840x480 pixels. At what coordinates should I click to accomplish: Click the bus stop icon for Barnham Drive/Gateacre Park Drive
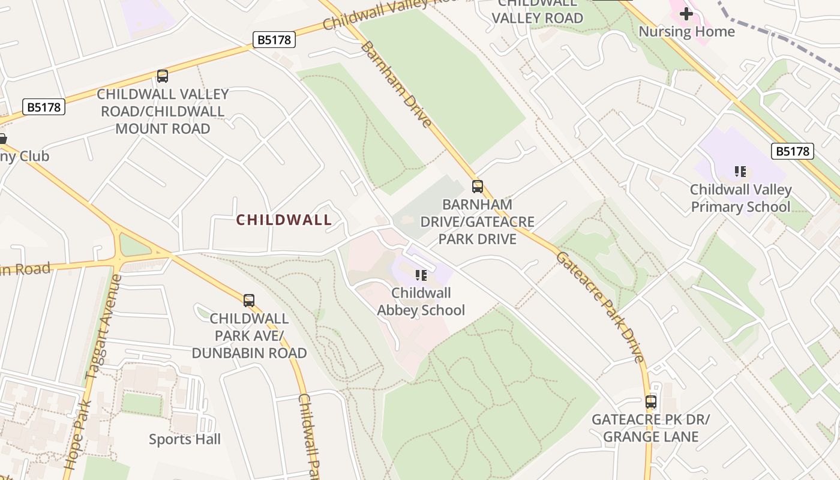(x=477, y=187)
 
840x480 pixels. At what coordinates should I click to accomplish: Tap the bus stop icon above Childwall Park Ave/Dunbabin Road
(x=248, y=301)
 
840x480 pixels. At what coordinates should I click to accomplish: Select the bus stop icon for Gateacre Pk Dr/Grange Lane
(x=651, y=402)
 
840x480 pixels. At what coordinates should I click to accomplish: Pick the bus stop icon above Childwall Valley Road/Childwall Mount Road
(x=162, y=76)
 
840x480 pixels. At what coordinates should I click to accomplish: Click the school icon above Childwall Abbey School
(x=421, y=275)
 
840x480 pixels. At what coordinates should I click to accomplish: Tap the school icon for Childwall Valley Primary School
(x=740, y=172)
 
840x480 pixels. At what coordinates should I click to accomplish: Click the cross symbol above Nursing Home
(x=686, y=13)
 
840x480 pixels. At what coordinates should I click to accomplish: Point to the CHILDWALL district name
(x=284, y=220)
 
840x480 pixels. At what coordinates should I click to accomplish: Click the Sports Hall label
(x=185, y=439)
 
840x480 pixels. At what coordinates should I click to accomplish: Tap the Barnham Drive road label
(x=395, y=84)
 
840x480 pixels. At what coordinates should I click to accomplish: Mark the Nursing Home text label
(x=686, y=31)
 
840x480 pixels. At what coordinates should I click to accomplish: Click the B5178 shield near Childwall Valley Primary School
(x=792, y=151)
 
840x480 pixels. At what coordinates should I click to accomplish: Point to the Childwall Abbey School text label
(x=421, y=302)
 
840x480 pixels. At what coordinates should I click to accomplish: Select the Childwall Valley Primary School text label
(x=740, y=199)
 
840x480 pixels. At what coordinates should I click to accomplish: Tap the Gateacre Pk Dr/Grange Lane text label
(x=650, y=428)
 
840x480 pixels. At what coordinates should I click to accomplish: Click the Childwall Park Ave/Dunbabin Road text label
(x=249, y=335)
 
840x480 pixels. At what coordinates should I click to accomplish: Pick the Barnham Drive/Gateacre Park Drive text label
(x=477, y=221)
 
